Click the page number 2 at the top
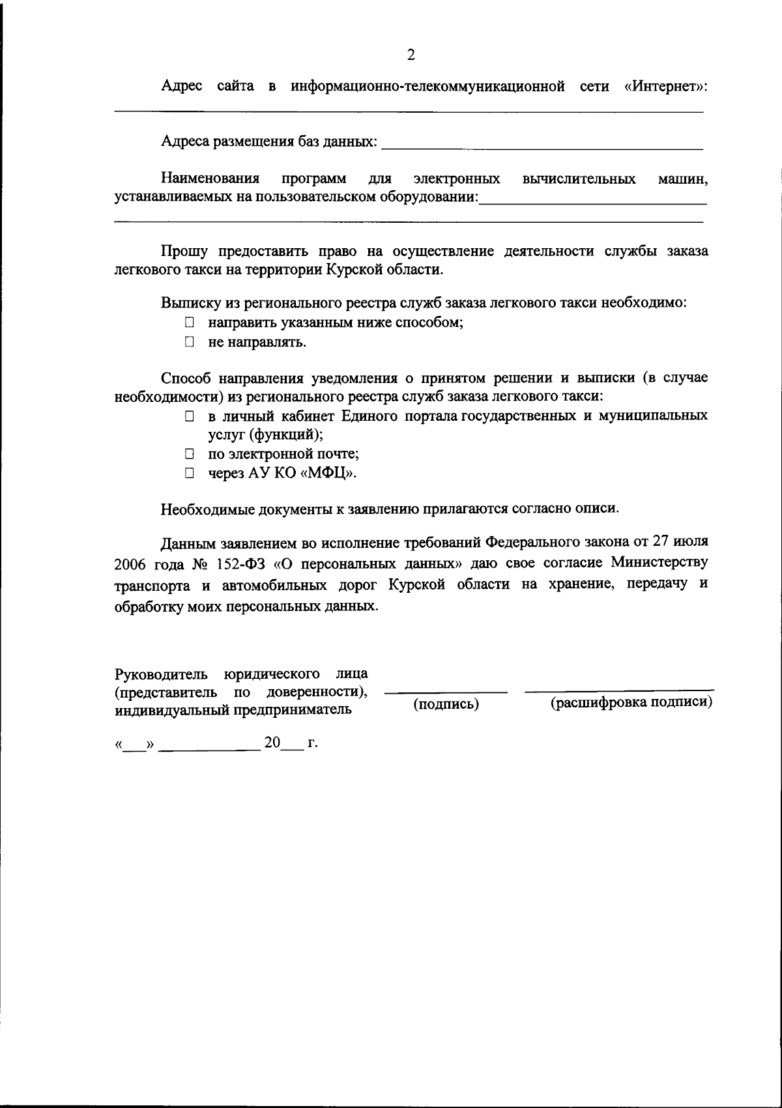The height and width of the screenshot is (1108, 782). [x=411, y=55]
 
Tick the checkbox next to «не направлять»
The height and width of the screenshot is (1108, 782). [x=189, y=341]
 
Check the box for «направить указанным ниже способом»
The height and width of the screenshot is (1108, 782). [x=189, y=322]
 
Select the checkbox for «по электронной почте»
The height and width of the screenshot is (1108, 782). [x=189, y=454]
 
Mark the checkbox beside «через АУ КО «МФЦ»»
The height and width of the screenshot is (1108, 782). [x=189, y=474]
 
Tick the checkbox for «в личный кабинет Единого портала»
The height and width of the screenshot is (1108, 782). [x=189, y=416]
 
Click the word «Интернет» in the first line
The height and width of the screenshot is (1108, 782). [x=665, y=87]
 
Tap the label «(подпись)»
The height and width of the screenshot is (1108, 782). [x=446, y=704]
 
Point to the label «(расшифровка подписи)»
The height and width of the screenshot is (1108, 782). [x=631, y=703]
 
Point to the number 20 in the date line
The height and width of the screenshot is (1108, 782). [x=272, y=743]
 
